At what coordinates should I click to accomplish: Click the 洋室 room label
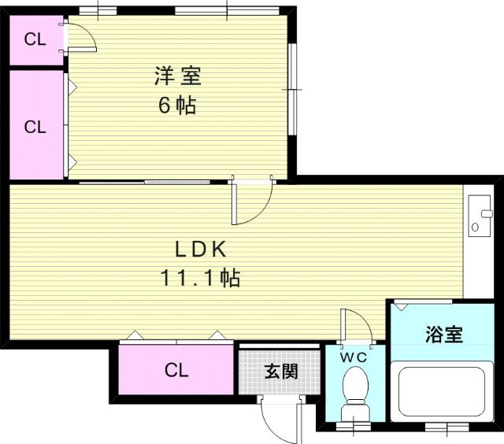click(177, 77)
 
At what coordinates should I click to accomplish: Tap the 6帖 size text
click(177, 105)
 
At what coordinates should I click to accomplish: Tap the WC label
click(353, 357)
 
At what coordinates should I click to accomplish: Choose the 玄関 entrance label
click(280, 371)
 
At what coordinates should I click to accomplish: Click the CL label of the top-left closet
click(35, 39)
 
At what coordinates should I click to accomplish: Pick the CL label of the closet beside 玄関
click(176, 370)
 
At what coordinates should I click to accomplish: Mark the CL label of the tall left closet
click(35, 126)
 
